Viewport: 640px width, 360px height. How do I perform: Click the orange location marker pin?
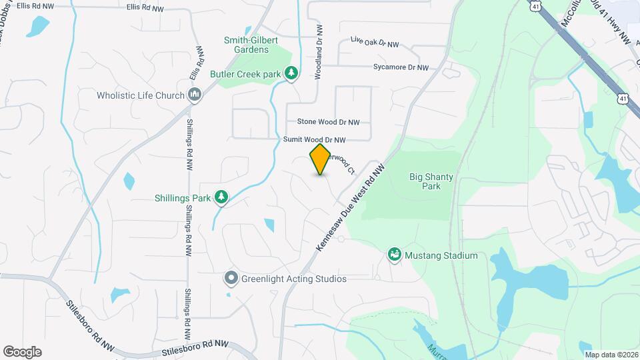(320, 159)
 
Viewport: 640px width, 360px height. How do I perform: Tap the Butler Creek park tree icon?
(291, 73)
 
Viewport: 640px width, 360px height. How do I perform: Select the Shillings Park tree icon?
(221, 197)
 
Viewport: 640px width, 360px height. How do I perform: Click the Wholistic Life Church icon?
(195, 95)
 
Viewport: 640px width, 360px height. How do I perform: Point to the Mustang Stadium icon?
(395, 255)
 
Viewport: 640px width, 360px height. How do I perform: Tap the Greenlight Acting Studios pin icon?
(231, 279)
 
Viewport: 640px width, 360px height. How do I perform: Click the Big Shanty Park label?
(431, 181)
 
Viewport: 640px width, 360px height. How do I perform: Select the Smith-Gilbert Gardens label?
(246, 45)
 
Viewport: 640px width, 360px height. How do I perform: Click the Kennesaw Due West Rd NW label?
(351, 208)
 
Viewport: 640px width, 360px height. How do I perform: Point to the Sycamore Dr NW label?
(400, 67)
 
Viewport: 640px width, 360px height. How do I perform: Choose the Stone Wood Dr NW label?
(328, 122)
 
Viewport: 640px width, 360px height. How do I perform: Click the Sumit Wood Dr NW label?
(315, 140)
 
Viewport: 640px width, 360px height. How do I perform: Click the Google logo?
(23, 351)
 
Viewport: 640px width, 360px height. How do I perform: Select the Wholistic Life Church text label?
(141, 95)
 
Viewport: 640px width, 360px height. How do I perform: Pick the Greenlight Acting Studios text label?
(294, 279)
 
